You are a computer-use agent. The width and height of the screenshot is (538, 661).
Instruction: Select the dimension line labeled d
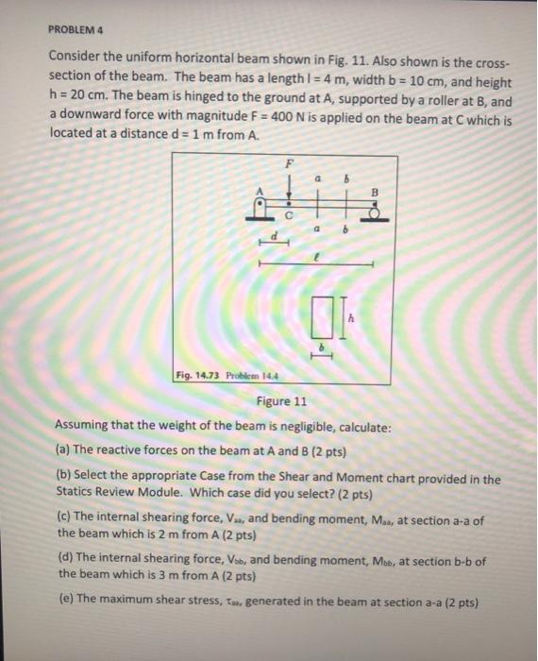click(x=273, y=244)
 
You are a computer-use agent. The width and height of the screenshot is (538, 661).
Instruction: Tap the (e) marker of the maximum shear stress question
click(x=63, y=602)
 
